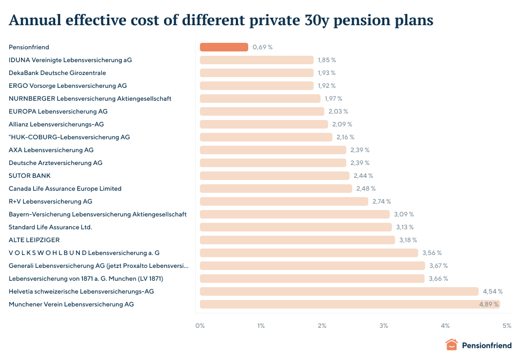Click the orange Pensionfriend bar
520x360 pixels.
224,47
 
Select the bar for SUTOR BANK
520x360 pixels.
274,176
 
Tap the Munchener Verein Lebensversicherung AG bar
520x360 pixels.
350,304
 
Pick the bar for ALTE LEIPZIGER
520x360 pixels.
298,240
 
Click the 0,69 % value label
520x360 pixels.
263,47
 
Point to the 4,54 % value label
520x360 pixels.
493,291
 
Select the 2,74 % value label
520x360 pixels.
381,201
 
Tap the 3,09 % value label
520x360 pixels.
404,214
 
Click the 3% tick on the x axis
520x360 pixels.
384,326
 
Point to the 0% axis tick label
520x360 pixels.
200,326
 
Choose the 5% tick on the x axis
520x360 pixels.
507,326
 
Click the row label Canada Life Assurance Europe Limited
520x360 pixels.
65,189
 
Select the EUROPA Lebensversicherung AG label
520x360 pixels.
58,111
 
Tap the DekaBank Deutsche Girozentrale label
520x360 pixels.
57,73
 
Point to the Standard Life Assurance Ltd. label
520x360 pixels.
50,227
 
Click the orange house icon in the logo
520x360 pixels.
452,345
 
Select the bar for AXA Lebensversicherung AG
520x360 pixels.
273,150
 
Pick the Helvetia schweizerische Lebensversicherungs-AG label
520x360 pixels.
81,291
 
